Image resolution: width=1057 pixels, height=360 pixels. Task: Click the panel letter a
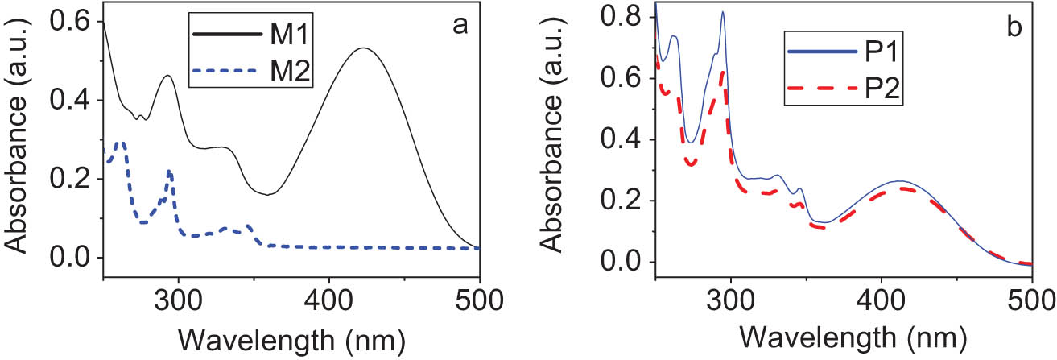click(x=460, y=25)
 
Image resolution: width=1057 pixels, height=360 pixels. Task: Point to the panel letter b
click(x=1014, y=27)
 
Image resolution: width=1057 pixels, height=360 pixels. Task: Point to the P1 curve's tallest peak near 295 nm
click(x=723, y=12)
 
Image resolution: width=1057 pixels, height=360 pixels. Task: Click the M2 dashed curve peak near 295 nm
click(x=169, y=171)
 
